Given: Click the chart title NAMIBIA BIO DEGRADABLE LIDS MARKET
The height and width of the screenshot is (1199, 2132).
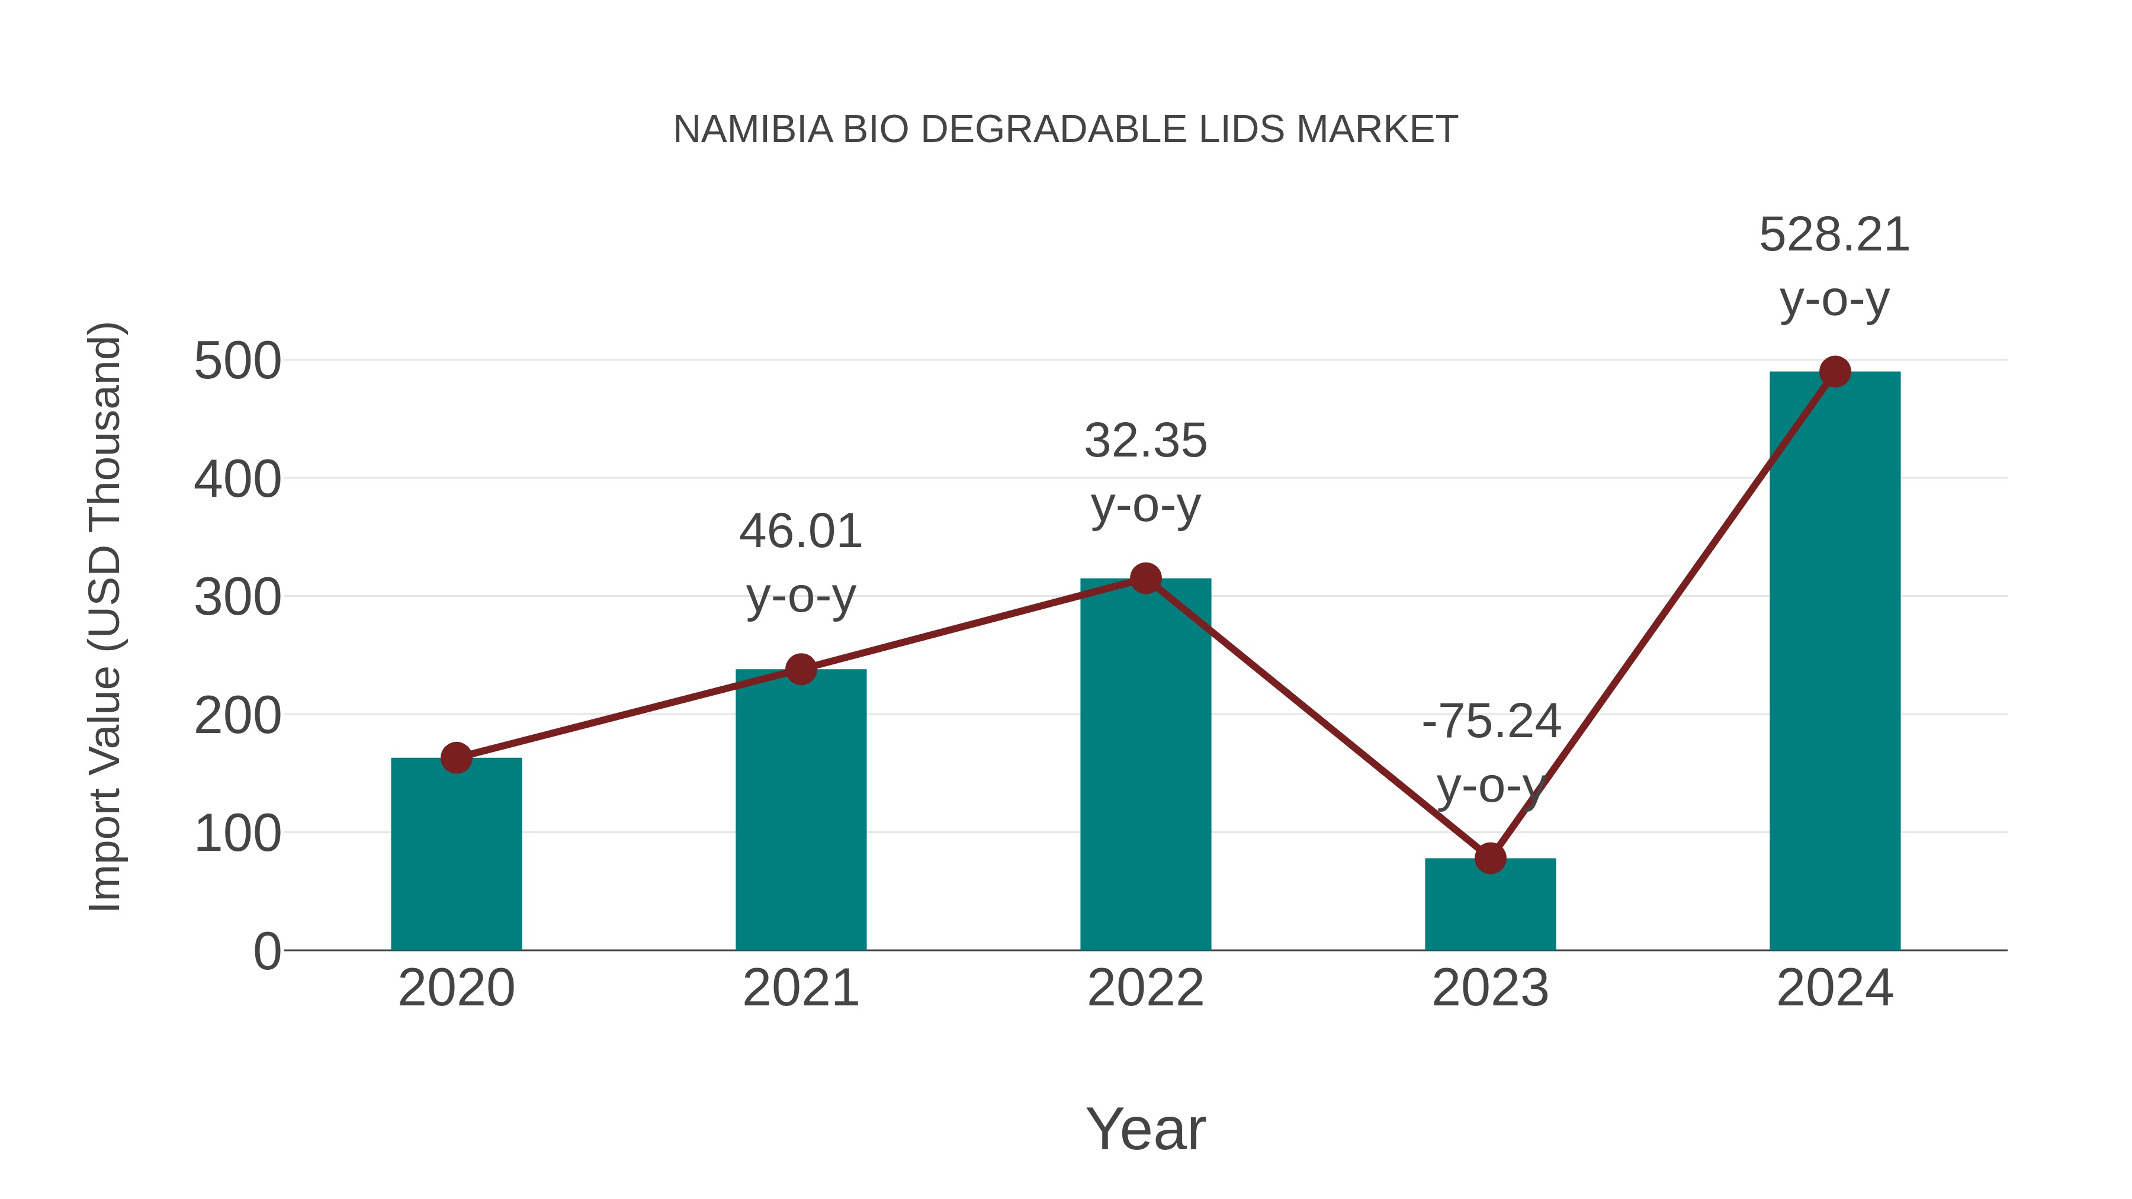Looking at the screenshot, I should coord(1065,130).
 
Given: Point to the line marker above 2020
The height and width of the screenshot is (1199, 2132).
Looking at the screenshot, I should coord(456,757).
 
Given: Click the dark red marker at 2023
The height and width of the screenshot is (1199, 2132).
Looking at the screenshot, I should coord(1490,858).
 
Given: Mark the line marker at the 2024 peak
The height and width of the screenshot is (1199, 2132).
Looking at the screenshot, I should coord(1835,371).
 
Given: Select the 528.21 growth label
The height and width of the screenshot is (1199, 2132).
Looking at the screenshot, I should coord(1834,235).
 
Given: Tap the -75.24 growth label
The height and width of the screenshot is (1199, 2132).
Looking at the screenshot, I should coord(1491,722).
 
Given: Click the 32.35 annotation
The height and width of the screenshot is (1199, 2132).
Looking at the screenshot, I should coord(1145,441).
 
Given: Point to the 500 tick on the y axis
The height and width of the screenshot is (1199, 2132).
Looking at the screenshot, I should coord(237,362).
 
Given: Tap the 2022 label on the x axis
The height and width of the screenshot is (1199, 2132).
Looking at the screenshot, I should coord(1145,988).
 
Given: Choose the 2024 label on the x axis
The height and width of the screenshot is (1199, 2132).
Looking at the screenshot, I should coord(1835,988).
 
